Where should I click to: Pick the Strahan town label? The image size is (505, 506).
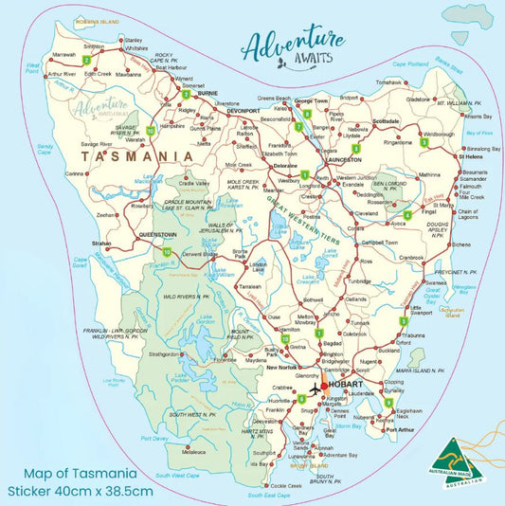pyautogui.click(x=103, y=243)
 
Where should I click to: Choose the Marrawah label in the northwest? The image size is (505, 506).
pyautogui.click(x=64, y=54)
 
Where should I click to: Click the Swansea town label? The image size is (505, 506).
pyautogui.click(x=436, y=282)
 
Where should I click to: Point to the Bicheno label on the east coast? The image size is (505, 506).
pyautogui.click(x=461, y=244)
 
